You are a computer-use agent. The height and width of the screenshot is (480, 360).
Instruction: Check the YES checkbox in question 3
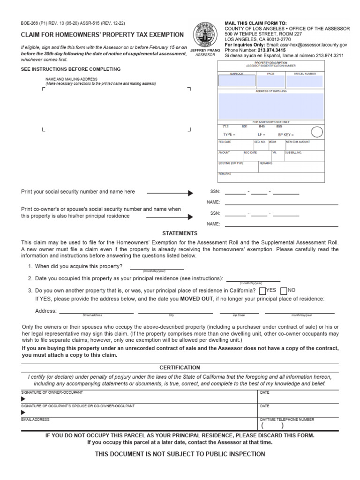(262, 291)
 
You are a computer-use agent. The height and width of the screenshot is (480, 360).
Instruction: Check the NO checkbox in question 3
(284, 291)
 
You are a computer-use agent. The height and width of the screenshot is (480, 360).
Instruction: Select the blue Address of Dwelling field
(271, 105)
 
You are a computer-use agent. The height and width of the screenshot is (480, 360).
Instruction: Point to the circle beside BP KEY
(317, 132)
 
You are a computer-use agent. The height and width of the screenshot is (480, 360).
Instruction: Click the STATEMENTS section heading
(180, 233)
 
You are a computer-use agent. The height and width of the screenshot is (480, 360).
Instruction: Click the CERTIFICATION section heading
(180, 367)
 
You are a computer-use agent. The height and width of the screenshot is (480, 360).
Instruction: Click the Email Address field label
(35, 420)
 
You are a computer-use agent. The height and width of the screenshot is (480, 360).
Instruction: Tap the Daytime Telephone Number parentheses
(272, 426)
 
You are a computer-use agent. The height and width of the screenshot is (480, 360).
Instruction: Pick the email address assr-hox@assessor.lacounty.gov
(308, 45)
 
